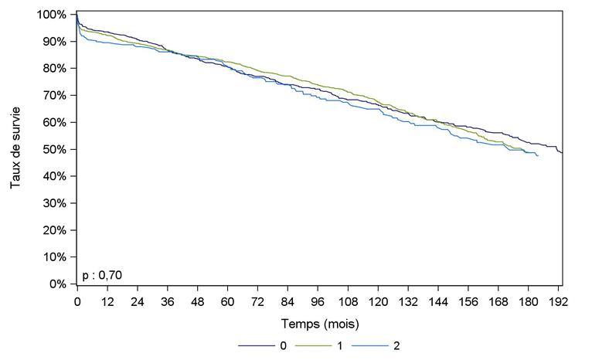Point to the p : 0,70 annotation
pyautogui.click(x=102, y=274)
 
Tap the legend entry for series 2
pyautogui.click(x=396, y=345)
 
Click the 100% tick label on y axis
pyautogui.click(x=53, y=15)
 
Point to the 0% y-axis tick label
pyautogui.click(x=60, y=284)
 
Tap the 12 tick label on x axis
pyautogui.click(x=107, y=301)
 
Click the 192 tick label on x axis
pyautogui.click(x=558, y=301)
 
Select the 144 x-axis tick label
pyautogui.click(x=438, y=301)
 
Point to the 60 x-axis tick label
pyautogui.click(x=228, y=301)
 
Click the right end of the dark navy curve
pyautogui.click(x=562, y=152)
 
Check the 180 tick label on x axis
pyautogui.click(x=528, y=301)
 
